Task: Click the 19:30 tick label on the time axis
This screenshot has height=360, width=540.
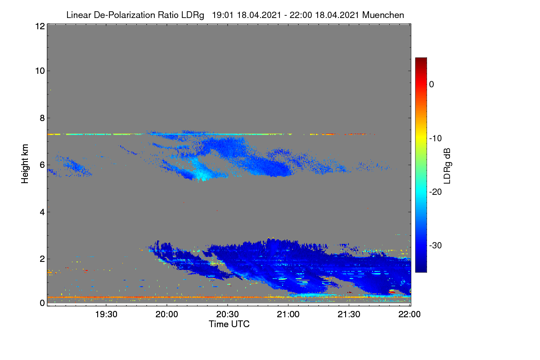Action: pyautogui.click(x=106, y=314)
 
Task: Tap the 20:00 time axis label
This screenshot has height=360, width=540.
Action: pyautogui.click(x=167, y=314)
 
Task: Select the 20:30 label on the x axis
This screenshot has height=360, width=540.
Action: pyautogui.click(x=227, y=314)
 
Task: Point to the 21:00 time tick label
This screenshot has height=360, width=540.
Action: pyautogui.click(x=288, y=314)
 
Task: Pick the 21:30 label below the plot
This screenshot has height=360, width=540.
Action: pyautogui.click(x=349, y=314)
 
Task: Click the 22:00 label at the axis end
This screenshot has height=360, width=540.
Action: pyautogui.click(x=409, y=314)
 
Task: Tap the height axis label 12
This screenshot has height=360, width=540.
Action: pyautogui.click(x=40, y=26)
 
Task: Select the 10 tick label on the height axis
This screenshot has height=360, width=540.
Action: pyautogui.click(x=40, y=71)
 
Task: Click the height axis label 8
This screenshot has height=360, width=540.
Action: pyautogui.click(x=42, y=118)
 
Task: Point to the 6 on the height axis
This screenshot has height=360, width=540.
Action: pyautogui.click(x=42, y=165)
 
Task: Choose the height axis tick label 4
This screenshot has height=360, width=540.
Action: pyautogui.click(x=42, y=212)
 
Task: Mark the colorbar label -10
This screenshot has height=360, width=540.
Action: pyautogui.click(x=436, y=139)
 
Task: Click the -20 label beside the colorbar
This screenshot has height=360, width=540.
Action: pyautogui.click(x=436, y=192)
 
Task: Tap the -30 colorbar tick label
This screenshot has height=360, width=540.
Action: pyautogui.click(x=436, y=245)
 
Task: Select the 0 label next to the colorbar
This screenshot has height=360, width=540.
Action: pyautogui.click(x=432, y=85)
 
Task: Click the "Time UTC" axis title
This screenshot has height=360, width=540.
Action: pyautogui.click(x=229, y=324)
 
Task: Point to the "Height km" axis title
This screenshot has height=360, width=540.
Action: pyautogui.click(x=25, y=164)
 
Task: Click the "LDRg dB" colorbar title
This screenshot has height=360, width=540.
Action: pyautogui.click(x=447, y=166)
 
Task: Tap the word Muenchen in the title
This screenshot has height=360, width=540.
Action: pyautogui.click(x=383, y=15)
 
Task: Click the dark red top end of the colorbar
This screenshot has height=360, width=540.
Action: pyautogui.click(x=421, y=59)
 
